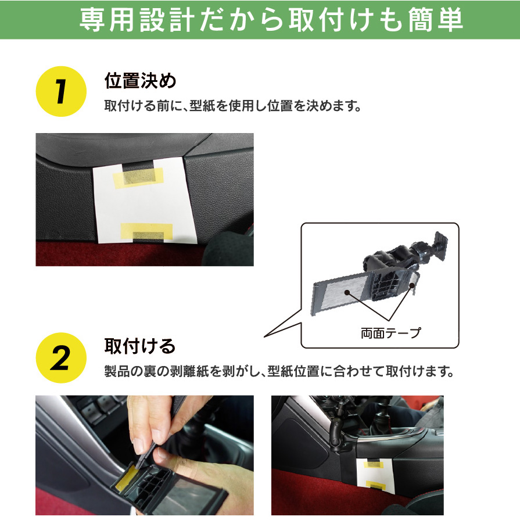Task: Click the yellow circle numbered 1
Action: [x=61, y=92]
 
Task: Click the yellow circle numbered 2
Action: [x=61, y=358]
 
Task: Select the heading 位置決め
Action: [x=140, y=81]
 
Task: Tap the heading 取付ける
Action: [x=139, y=346]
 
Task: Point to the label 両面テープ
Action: [x=391, y=333]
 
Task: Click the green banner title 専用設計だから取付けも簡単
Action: [x=271, y=19]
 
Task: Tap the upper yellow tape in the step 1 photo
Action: [x=138, y=177]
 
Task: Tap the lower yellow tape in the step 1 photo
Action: [x=147, y=231]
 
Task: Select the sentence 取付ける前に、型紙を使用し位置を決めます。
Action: [x=232, y=106]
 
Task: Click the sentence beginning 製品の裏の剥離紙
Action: [x=279, y=371]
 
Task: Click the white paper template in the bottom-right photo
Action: [x=375, y=475]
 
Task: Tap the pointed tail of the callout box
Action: [x=264, y=337]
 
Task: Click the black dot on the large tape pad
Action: [x=347, y=292]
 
